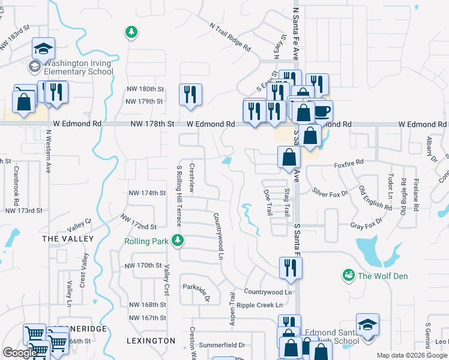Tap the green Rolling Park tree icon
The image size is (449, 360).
coord(177,241)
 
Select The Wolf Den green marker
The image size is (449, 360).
coord(348,275)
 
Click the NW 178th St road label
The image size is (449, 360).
coord(152,124)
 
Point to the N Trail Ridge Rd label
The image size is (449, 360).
coord(230,36)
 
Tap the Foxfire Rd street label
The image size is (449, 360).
coord(349,163)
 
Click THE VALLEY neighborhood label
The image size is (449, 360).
coord(68,239)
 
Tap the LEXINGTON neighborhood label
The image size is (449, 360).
coord(151,341)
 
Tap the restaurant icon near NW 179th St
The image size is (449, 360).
coord(190,94)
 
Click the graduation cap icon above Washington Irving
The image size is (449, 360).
coord(43,48)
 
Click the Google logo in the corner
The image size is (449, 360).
coord(20,353)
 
